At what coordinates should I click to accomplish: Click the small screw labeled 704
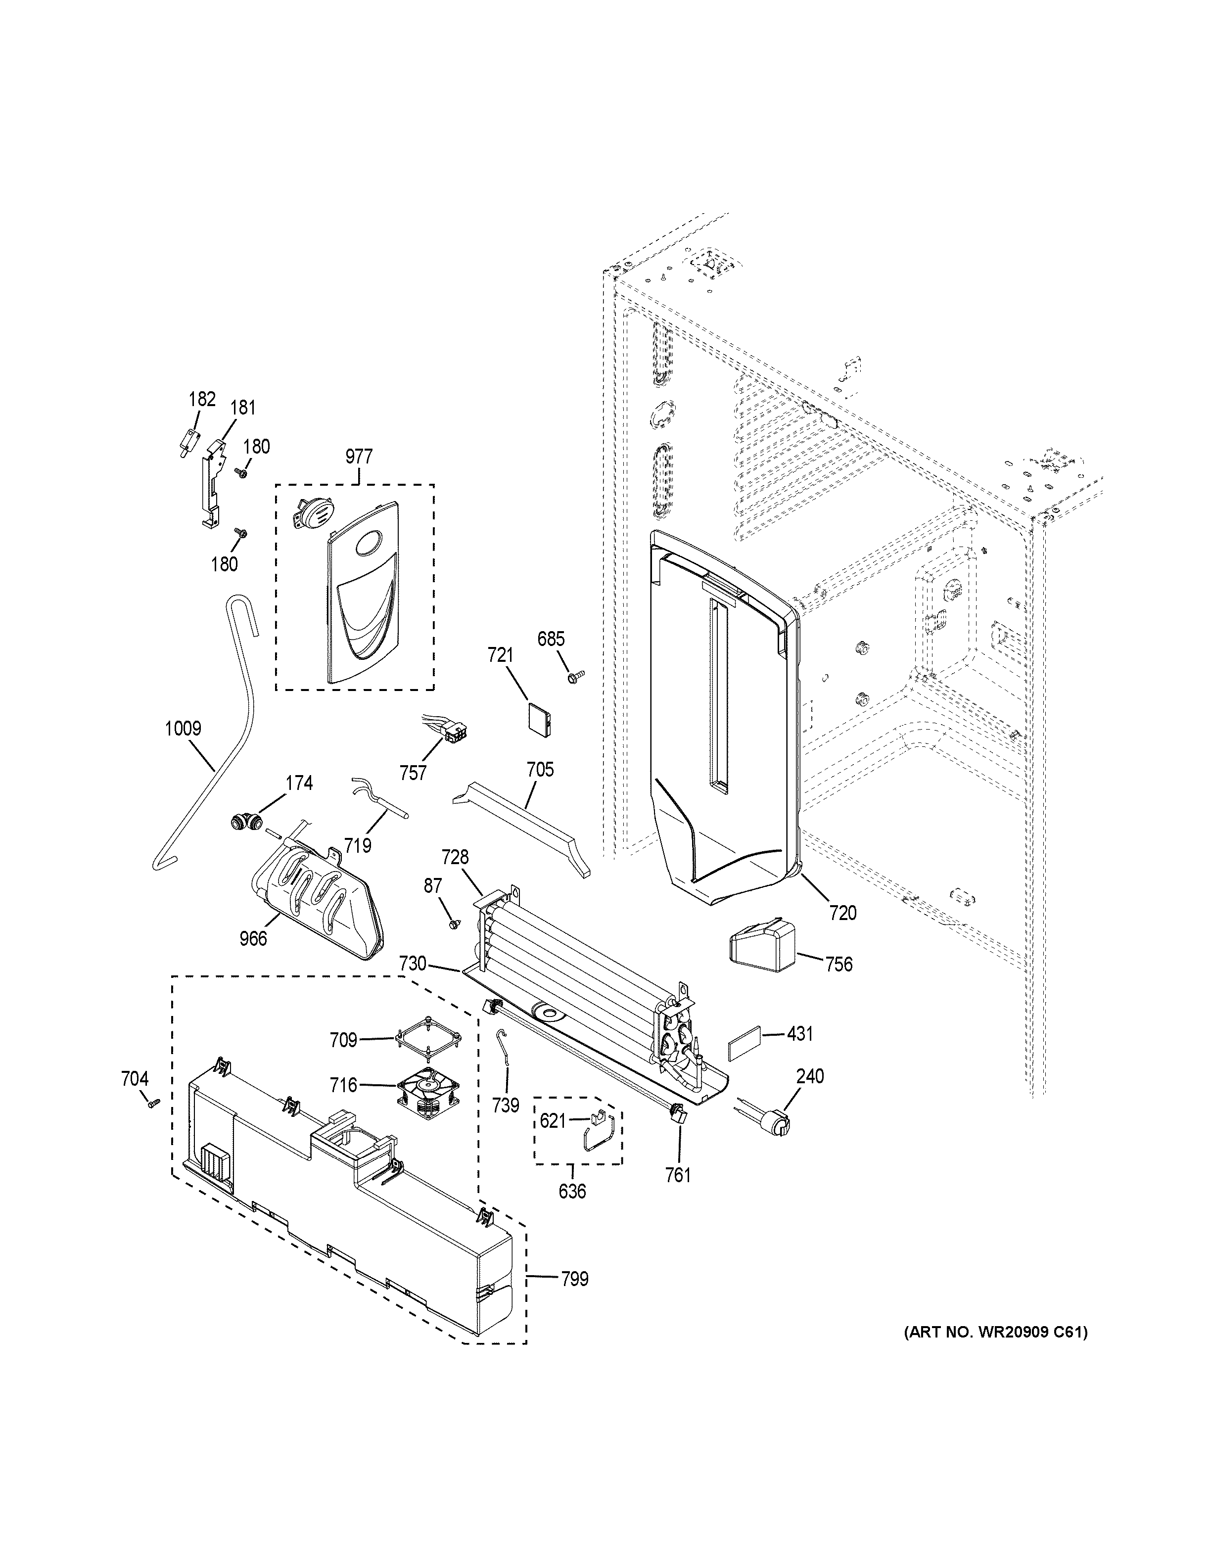(x=152, y=1124)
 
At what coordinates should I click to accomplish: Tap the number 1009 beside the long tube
(x=183, y=729)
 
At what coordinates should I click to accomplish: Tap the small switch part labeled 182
(x=188, y=439)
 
